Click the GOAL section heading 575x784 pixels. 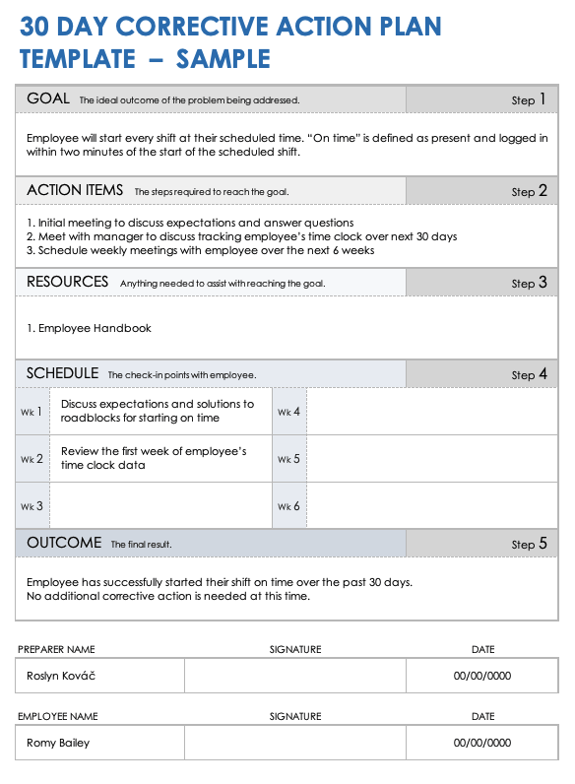(48, 98)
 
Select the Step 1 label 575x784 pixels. (529, 99)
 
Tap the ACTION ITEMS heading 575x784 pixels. (75, 190)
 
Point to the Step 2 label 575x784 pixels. (529, 191)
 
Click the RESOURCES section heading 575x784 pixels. (67, 282)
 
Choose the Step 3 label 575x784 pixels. (529, 283)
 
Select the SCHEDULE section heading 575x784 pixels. (62, 373)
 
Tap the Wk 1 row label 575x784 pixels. (32, 412)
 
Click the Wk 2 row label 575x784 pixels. (32, 459)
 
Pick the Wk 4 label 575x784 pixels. (288, 412)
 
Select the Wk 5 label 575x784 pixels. (288, 459)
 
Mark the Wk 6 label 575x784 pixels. (288, 506)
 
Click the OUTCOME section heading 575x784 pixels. (64, 543)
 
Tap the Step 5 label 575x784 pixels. (529, 544)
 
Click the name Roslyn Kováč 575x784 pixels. (61, 676)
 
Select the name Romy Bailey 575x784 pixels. (58, 743)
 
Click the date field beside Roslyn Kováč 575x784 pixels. (482, 676)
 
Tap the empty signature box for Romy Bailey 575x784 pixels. (294, 743)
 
